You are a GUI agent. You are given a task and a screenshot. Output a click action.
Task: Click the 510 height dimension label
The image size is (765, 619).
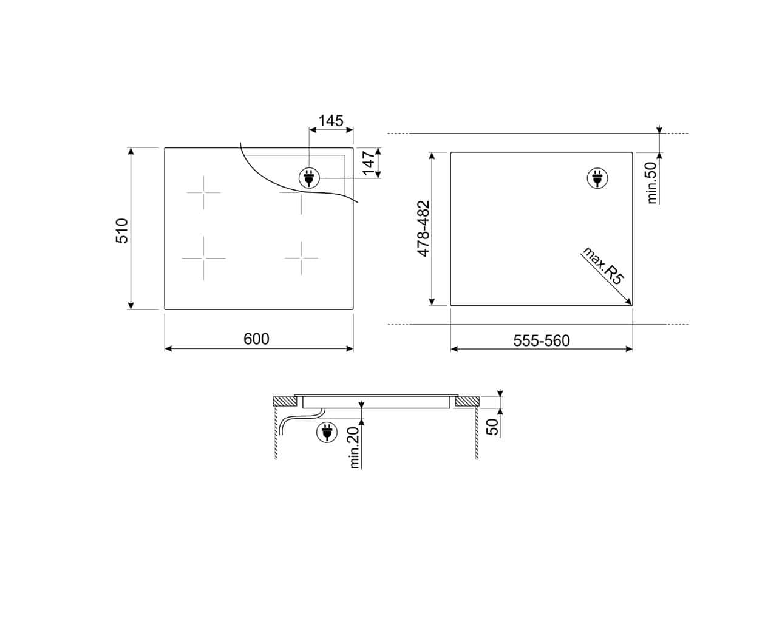(x=122, y=231)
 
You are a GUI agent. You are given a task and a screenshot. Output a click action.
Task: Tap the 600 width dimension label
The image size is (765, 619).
(x=256, y=339)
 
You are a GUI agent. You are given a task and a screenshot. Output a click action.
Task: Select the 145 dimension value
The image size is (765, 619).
(x=331, y=121)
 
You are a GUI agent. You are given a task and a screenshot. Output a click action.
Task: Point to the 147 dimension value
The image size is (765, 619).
(x=369, y=163)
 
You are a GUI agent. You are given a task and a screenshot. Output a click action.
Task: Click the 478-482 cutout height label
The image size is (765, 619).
(x=423, y=229)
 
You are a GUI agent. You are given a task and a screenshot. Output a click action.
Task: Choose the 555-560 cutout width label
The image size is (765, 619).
(x=541, y=340)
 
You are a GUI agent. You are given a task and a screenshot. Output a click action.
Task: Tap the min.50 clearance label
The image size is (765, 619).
(x=651, y=183)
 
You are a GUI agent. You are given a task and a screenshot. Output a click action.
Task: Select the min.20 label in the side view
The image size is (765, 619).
(x=354, y=447)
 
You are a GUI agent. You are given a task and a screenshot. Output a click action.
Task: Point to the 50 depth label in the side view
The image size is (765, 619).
(x=494, y=427)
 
